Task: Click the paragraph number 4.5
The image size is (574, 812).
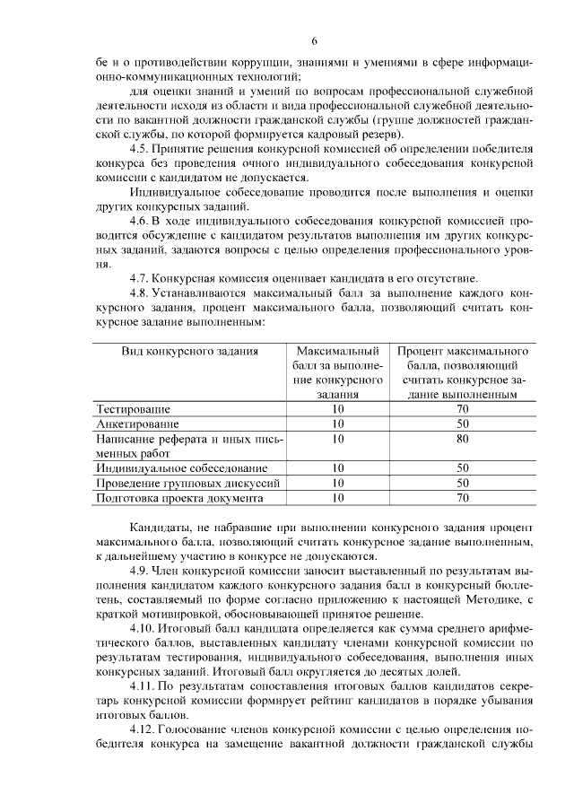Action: coord(140,149)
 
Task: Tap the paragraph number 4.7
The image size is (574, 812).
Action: coord(140,278)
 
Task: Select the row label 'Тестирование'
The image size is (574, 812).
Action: coord(132,409)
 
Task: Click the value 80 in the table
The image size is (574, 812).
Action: coord(463,439)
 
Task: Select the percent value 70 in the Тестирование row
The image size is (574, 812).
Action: coord(463,409)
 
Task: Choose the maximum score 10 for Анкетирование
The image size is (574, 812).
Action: coord(337,423)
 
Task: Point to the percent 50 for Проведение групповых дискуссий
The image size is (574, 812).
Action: coord(463,482)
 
